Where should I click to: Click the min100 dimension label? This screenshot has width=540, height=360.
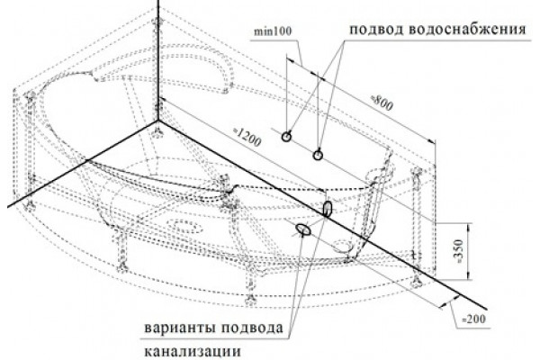tap(273, 31)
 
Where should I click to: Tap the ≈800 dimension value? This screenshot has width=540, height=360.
tap(382, 103)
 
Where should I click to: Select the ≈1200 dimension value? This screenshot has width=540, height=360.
tap(247, 137)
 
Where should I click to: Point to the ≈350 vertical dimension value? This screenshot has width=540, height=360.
tap(459, 251)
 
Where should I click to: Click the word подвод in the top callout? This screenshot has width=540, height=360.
tap(376, 30)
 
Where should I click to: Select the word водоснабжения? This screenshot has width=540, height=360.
tap(467, 30)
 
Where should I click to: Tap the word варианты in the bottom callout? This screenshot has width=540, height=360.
tap(179, 328)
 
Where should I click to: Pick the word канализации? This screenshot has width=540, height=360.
tap(193, 352)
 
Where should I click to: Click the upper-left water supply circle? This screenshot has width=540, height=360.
tap(286, 137)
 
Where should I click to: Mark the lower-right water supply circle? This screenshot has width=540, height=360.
tap(318, 155)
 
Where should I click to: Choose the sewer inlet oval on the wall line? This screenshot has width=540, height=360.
tap(328, 209)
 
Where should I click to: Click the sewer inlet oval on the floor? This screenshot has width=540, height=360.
tap(303, 229)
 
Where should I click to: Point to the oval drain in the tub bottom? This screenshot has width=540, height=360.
tap(187, 228)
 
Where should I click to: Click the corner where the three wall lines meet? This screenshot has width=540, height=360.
tap(158, 121)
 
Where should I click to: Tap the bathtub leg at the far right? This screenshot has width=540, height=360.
tap(417, 228)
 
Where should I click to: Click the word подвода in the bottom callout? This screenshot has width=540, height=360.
tap(252, 328)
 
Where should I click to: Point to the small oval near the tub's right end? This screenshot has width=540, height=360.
tap(345, 246)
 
